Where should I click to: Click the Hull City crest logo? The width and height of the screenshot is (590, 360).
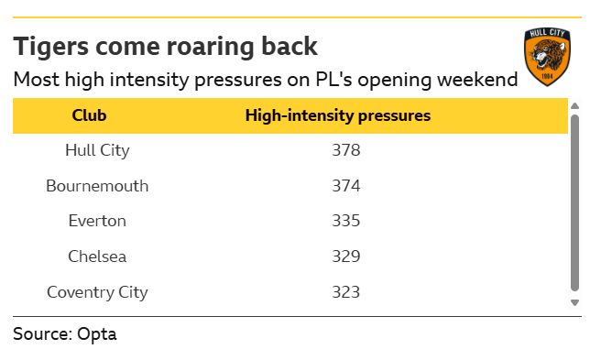(x=547, y=57)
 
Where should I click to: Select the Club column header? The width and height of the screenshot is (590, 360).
(x=89, y=115)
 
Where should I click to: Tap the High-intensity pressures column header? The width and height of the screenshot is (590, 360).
(x=338, y=115)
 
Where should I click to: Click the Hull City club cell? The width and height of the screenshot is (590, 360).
(x=97, y=150)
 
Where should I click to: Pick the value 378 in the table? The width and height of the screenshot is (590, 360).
(x=345, y=150)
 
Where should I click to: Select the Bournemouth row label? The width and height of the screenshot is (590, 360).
(x=97, y=186)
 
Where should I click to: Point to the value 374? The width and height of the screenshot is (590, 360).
(x=345, y=186)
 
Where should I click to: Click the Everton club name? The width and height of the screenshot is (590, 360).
(x=97, y=221)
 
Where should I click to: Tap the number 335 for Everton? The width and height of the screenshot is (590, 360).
(x=345, y=221)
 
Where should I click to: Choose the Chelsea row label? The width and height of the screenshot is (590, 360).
(x=97, y=256)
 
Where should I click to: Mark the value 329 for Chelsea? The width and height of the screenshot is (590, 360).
(x=345, y=256)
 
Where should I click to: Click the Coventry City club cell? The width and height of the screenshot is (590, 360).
(x=97, y=292)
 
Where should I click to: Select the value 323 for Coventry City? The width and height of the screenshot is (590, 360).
(x=345, y=292)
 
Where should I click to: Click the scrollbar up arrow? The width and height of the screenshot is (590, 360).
(x=574, y=106)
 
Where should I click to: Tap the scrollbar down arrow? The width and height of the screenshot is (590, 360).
(x=574, y=302)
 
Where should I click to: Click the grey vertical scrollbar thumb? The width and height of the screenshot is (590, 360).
(x=574, y=203)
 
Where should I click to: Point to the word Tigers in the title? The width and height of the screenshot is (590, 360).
(x=50, y=47)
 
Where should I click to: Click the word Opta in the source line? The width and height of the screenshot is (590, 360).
(x=97, y=334)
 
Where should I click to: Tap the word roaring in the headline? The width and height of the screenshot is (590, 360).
(x=211, y=47)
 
